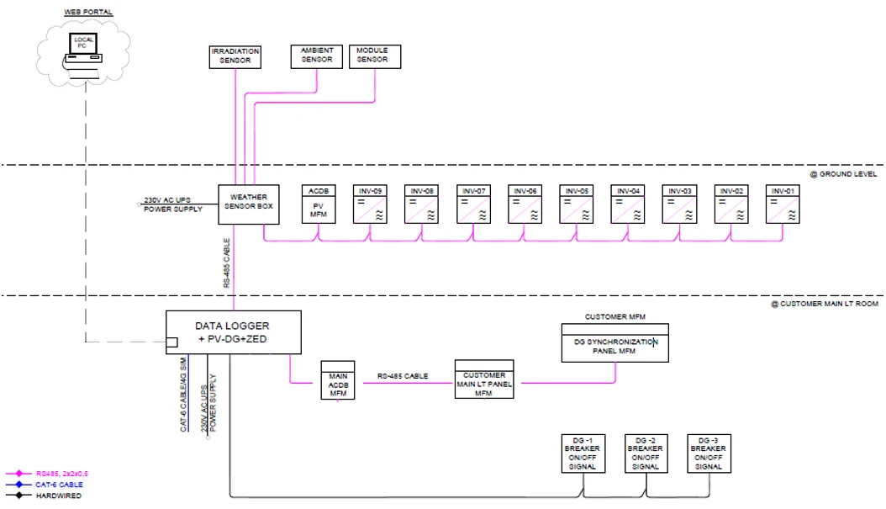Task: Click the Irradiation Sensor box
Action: (x=235, y=56)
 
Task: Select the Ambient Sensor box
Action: (x=316, y=56)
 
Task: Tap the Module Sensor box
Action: (x=374, y=56)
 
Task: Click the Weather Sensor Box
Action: (x=249, y=204)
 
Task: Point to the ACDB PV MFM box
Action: (x=319, y=204)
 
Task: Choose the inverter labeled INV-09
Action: (x=369, y=204)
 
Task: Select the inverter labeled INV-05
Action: (x=577, y=204)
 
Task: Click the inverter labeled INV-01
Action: (x=783, y=204)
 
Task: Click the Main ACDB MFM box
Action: (x=338, y=381)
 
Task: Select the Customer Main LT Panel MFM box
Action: (x=483, y=380)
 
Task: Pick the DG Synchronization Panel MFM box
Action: (x=614, y=347)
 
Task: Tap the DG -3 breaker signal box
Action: (x=709, y=453)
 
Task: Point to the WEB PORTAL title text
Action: (x=87, y=13)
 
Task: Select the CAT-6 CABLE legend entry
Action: (x=58, y=485)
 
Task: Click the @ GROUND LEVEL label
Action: (x=842, y=174)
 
